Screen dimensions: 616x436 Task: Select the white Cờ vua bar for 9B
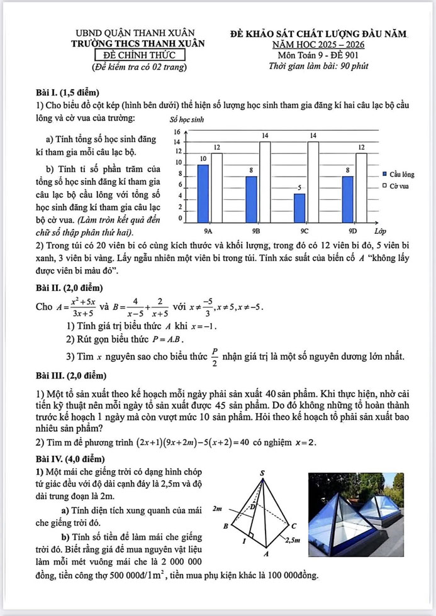tap(265, 179)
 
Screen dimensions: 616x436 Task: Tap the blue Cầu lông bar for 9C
tap(300, 205)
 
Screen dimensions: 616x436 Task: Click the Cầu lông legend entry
tap(397, 173)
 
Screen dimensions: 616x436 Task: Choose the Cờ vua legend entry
tap(396, 186)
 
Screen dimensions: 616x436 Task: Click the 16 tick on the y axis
tap(177, 132)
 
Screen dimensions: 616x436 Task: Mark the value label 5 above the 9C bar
tap(300, 188)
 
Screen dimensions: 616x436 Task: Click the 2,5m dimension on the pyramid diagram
tap(293, 539)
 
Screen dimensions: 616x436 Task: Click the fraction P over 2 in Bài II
tap(215, 357)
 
